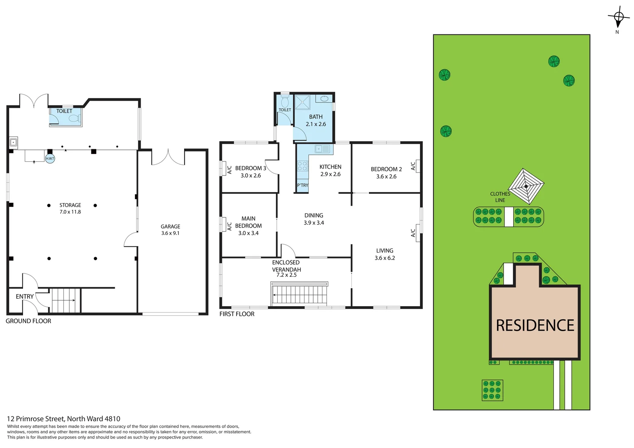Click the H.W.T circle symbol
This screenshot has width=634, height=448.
tap(50, 158)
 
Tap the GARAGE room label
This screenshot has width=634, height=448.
tap(171, 227)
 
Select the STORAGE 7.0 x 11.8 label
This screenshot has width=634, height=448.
tap(70, 208)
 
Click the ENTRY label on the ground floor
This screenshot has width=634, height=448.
tap(25, 297)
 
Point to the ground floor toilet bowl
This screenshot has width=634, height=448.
tap(73, 119)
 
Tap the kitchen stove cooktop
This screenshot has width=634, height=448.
tap(302, 166)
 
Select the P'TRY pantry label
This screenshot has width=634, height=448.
tap(302, 185)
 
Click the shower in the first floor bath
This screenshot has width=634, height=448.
tap(302, 102)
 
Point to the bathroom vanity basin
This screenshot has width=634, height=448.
tap(324, 99)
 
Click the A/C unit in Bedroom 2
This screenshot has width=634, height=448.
tap(418, 166)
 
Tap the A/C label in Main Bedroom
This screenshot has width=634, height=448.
tap(229, 226)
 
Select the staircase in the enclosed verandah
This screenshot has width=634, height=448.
tap(299, 294)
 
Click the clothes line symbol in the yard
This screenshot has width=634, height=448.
tap(526, 186)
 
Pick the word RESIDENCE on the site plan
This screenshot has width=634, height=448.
tap(535, 326)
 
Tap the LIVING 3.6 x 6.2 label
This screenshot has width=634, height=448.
tap(385, 254)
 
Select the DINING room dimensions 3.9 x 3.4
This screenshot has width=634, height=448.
tap(314, 223)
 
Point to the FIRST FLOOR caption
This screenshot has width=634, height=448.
tap(237, 314)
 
